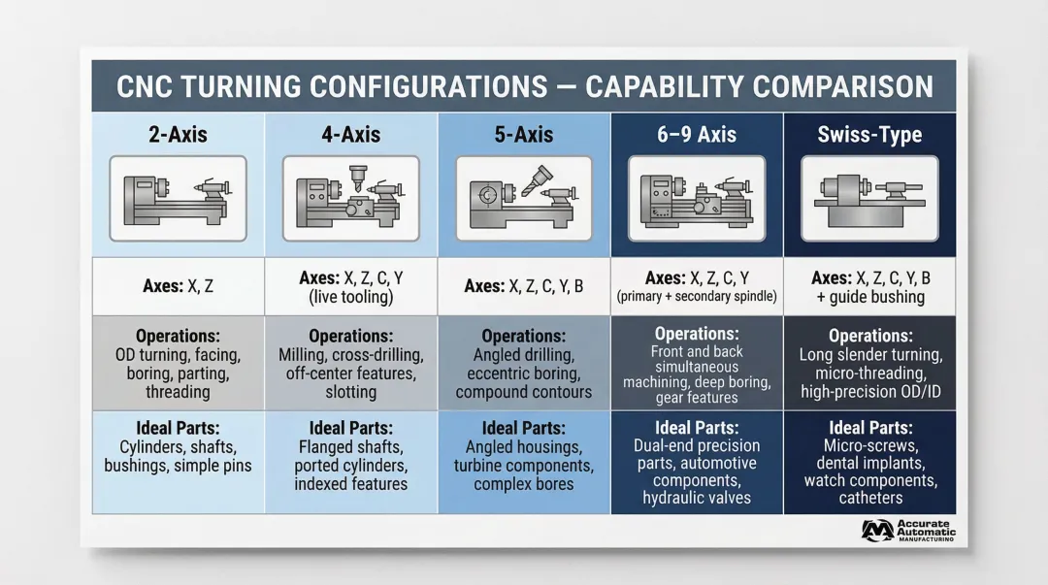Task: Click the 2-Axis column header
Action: click(x=179, y=134)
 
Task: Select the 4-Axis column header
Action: click(x=350, y=134)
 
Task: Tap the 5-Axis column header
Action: click(x=523, y=134)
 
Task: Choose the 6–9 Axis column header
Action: click(x=696, y=134)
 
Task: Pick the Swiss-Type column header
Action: click(x=868, y=134)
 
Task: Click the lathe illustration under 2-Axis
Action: click(x=179, y=199)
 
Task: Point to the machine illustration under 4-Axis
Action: click(x=350, y=199)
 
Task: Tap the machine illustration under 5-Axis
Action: click(x=523, y=199)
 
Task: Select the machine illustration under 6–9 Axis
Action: click(x=696, y=199)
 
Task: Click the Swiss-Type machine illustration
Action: click(x=868, y=199)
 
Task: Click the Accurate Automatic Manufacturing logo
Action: click(x=908, y=531)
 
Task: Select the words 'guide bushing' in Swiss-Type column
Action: click(x=876, y=297)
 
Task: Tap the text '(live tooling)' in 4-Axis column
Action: click(x=350, y=297)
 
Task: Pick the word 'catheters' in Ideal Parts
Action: click(x=870, y=498)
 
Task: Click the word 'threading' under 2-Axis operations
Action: click(x=178, y=392)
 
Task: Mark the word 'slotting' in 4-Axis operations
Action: click(x=350, y=392)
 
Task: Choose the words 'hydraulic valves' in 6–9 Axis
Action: click(x=697, y=498)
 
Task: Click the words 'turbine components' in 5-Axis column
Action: click(x=523, y=466)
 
